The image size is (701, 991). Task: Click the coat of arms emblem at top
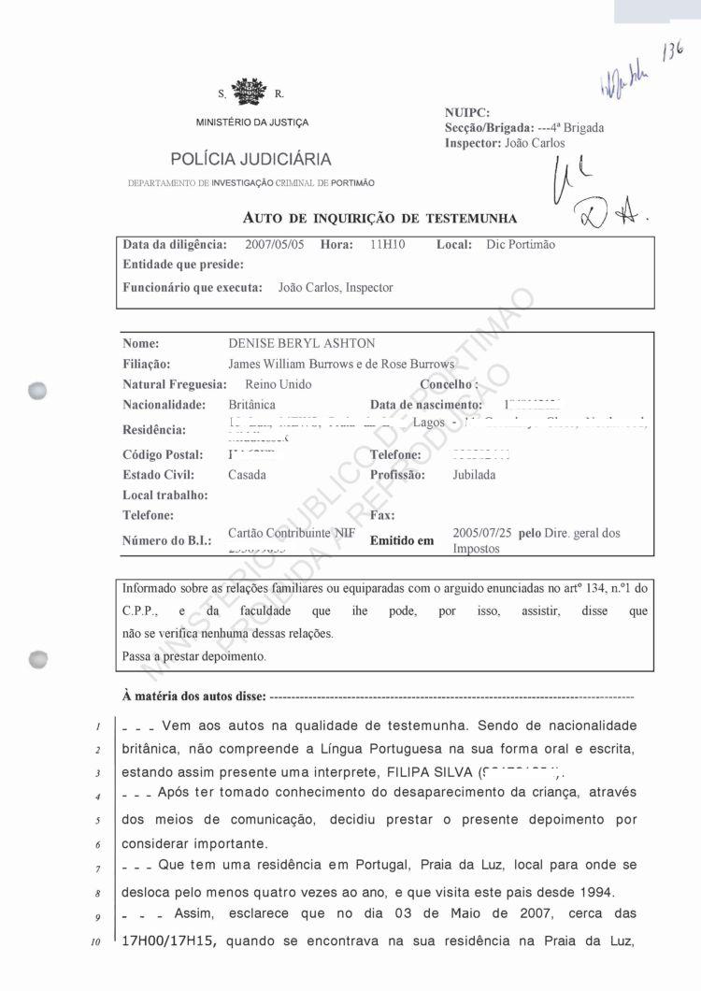(249, 93)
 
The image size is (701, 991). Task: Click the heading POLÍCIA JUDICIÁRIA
(250, 159)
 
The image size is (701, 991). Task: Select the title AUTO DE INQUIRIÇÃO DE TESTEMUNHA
(379, 219)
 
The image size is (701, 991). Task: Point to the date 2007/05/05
(274, 245)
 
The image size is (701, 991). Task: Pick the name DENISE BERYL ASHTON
(302, 344)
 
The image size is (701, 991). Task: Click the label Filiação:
(147, 365)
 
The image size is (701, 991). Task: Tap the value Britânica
(251, 405)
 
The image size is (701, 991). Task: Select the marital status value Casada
(247, 475)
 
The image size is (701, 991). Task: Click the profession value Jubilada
(474, 475)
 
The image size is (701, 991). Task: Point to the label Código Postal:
(163, 455)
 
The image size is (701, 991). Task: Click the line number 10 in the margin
(95, 942)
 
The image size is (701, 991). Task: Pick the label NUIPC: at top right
(467, 113)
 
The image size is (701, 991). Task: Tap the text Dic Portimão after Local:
(521, 245)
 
